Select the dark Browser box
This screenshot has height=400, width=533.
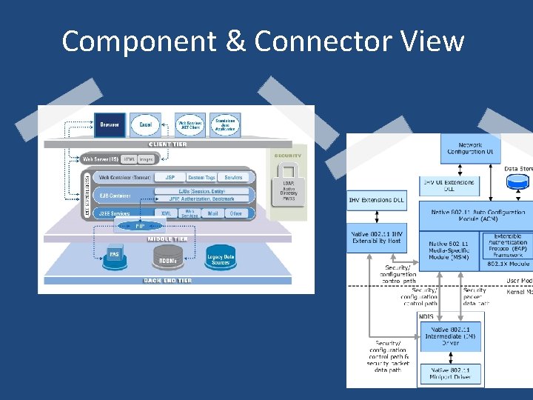[109, 125]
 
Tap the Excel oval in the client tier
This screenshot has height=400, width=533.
[146, 125]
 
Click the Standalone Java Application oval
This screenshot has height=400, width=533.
[225, 125]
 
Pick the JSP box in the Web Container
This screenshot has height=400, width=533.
[170, 178]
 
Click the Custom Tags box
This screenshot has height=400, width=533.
[201, 178]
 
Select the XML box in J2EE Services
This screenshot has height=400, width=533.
[166, 213]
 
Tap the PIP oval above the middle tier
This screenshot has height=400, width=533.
[140, 225]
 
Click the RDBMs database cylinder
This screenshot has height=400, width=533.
[166, 257]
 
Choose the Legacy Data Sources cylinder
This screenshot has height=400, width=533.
[220, 257]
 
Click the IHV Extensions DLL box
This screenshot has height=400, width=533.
[376, 200]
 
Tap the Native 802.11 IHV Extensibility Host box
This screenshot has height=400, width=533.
[376, 237]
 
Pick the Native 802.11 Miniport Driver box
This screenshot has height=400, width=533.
[450, 374]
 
